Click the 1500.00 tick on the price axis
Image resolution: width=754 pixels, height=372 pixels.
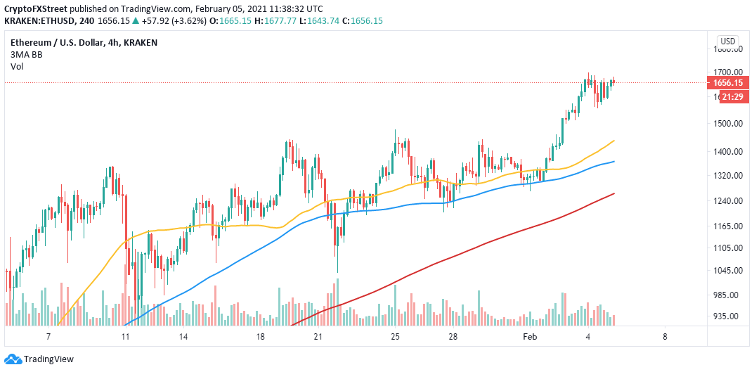[729, 124]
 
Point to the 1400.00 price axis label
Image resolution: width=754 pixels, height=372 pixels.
[729, 152]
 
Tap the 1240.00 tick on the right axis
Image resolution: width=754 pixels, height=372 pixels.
[729, 201]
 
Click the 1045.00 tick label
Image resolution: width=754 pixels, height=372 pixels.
[729, 271]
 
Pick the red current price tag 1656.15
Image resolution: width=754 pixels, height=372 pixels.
[734, 82]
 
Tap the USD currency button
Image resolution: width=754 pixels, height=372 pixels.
[729, 41]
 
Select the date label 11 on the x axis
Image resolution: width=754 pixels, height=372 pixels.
[125, 337]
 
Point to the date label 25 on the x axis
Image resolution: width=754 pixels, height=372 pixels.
[395, 337]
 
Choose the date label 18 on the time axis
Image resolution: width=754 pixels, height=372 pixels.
[260, 337]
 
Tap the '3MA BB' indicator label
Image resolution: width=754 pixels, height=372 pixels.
[25, 54]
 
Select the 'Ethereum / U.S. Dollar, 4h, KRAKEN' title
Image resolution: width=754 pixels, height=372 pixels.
[84, 42]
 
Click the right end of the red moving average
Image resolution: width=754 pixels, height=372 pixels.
[615, 193]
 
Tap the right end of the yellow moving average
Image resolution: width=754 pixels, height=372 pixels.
[615, 141]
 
